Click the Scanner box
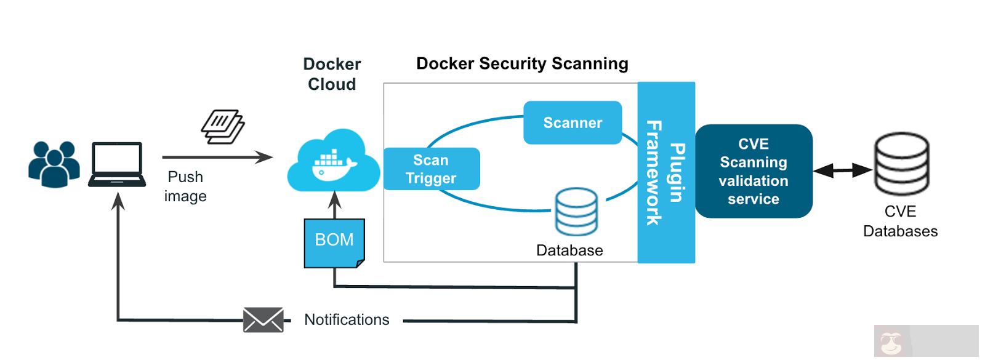click(573, 122)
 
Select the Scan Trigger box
click(431, 169)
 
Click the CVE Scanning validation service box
click(754, 171)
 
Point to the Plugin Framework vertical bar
click(666, 172)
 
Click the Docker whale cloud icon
click(333, 162)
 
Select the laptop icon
click(117, 164)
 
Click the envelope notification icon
click(263, 320)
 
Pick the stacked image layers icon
click(223, 127)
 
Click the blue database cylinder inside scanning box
click(576, 212)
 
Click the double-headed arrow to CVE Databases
click(842, 170)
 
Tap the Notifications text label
click(347, 320)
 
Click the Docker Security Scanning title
click(522, 64)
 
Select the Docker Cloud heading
click(332, 74)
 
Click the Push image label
click(185, 186)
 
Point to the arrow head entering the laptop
click(118, 199)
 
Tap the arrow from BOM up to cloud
click(335, 205)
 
